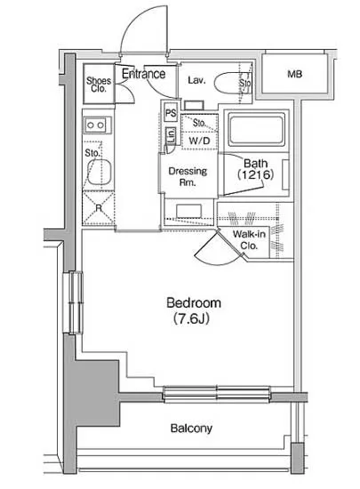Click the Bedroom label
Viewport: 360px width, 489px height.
coord(194,303)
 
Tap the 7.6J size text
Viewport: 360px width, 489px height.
coord(191,318)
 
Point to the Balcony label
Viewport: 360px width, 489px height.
coord(191,429)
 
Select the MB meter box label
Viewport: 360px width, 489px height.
coord(294,74)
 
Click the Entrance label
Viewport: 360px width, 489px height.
coord(143,74)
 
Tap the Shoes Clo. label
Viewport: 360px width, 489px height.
coord(99,84)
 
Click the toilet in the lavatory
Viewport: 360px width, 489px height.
coord(232,83)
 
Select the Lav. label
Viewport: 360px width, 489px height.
coord(196,80)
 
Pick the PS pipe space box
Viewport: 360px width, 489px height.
coord(171,113)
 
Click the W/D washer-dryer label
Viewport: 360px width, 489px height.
coord(199,141)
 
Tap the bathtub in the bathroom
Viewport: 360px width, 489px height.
coord(257,129)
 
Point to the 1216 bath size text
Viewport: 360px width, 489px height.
coord(256,174)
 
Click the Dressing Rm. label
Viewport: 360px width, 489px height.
coord(188,177)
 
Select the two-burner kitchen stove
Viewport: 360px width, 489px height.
coord(96,125)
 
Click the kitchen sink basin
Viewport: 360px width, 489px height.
coord(100,172)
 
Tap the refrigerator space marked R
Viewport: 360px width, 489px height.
coord(99,208)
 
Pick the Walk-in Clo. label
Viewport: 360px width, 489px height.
coord(249,240)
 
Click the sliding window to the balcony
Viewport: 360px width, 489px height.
coord(217,394)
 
